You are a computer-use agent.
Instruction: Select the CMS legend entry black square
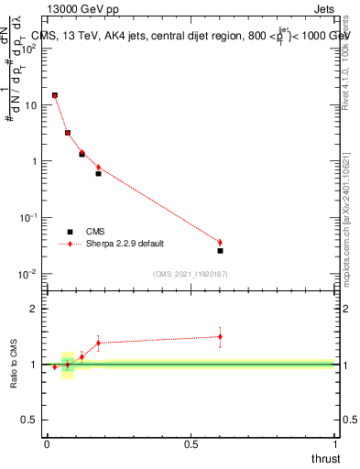[69, 232]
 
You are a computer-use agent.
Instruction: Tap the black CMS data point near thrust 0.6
[220, 250]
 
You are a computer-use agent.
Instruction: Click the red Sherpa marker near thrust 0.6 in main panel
[220, 242]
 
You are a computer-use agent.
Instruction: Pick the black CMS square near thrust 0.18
[99, 173]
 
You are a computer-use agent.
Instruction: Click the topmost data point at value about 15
[55, 95]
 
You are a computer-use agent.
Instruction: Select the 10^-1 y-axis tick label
[29, 218]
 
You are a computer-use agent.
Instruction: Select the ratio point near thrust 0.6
[220, 336]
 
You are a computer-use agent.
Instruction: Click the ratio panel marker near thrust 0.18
[99, 343]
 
